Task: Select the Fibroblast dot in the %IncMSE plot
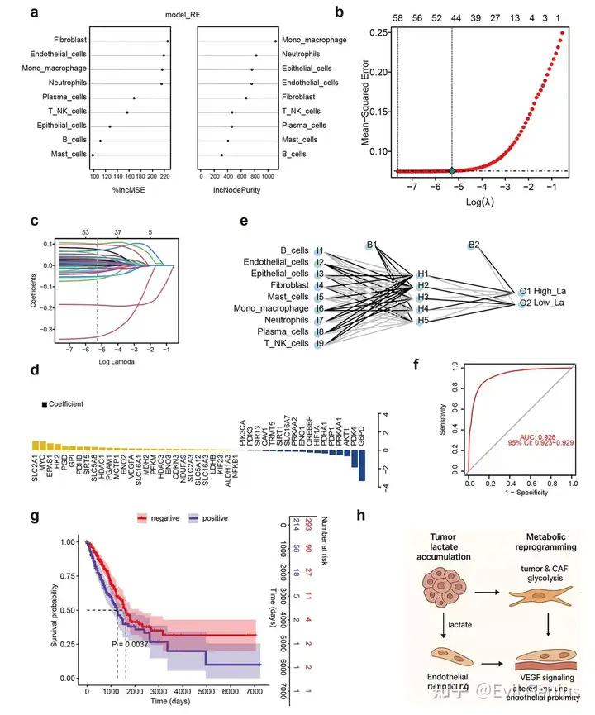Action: click(x=168, y=41)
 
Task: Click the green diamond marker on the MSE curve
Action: click(x=452, y=170)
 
